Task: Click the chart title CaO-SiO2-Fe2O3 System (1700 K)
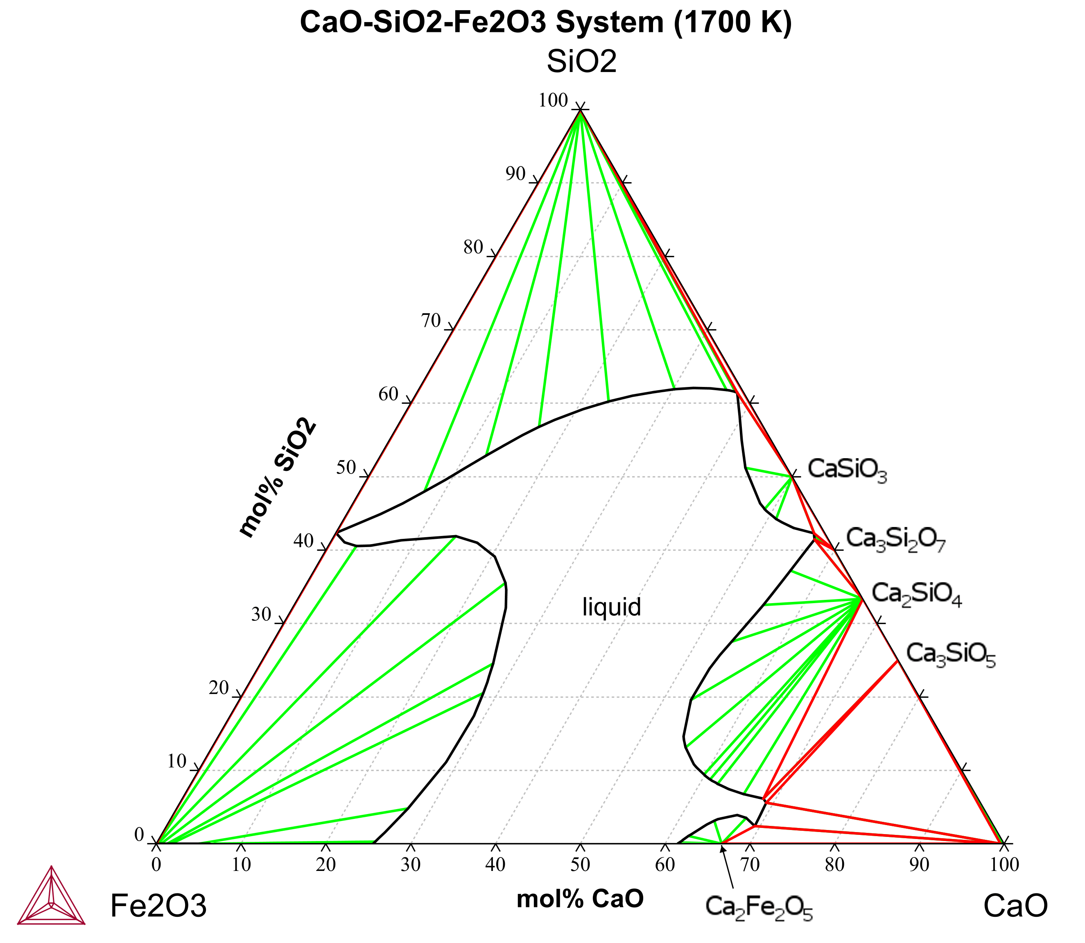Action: click(546, 23)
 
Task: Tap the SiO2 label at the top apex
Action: click(581, 62)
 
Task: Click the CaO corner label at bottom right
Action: click(1015, 906)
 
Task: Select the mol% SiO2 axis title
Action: click(278, 478)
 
